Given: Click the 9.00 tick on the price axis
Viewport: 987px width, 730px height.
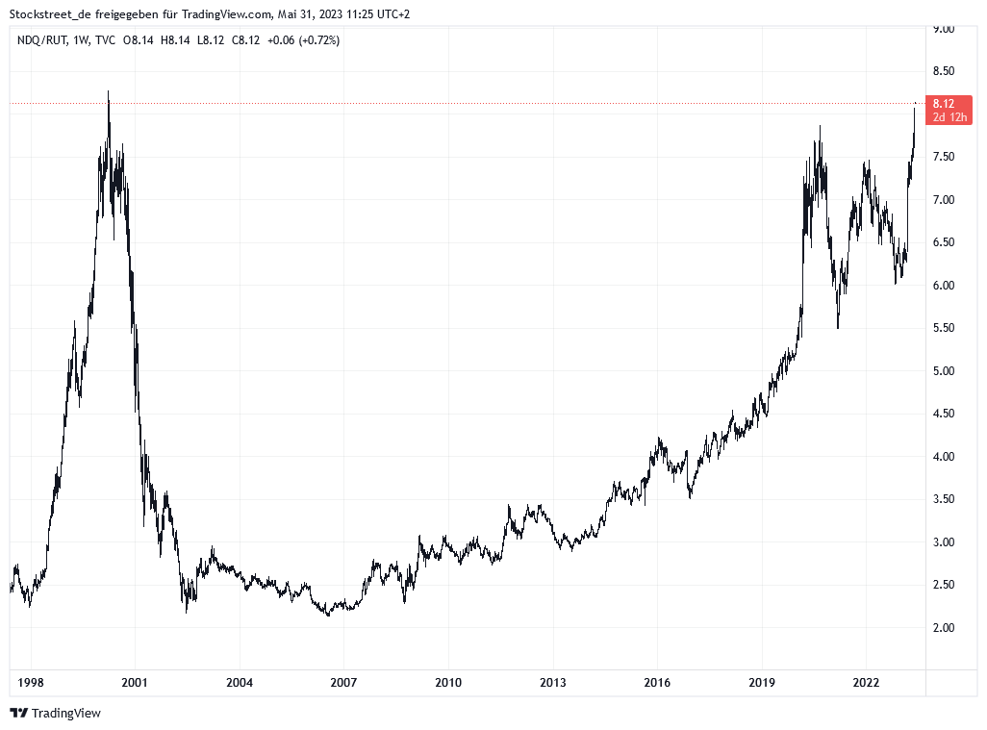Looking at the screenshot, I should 943,29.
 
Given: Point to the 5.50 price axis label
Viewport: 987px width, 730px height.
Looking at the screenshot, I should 943,328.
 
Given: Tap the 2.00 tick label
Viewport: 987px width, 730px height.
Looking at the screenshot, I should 943,628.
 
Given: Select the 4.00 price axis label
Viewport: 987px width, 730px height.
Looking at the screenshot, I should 943,457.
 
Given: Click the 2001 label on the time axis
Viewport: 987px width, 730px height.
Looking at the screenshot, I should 135,683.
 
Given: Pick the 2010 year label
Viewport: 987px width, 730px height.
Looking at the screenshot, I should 447,683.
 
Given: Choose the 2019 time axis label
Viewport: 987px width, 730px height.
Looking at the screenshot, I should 761,683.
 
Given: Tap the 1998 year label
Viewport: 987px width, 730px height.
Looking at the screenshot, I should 31,683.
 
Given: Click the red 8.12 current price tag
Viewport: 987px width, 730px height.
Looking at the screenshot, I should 943,104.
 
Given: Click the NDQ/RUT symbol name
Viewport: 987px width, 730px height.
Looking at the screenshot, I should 41,40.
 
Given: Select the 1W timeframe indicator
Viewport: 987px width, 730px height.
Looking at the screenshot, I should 81,40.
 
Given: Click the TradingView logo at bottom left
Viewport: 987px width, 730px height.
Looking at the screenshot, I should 56,713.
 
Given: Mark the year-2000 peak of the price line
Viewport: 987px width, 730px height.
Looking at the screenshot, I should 108,92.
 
